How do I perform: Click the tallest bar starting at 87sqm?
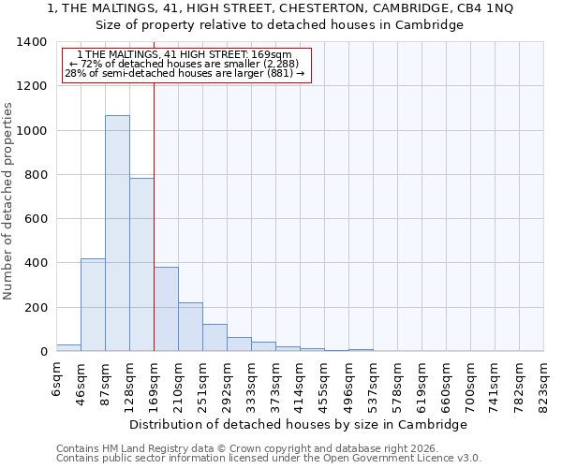pos(117,234)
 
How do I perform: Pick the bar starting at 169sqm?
pos(166,310)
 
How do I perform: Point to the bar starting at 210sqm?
pos(190,327)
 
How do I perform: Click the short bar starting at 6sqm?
pos(68,347)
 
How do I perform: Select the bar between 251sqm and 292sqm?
pos(214,338)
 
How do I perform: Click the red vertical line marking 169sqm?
pos(154,187)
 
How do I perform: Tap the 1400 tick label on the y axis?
pos(32,42)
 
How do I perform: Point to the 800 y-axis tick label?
pos(36,175)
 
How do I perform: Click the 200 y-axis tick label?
pos(36,308)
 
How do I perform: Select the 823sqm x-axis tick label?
pos(543,384)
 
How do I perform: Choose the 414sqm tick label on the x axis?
pos(300,384)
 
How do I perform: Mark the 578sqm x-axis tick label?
pos(397,384)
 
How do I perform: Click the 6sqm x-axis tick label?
pos(57,378)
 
